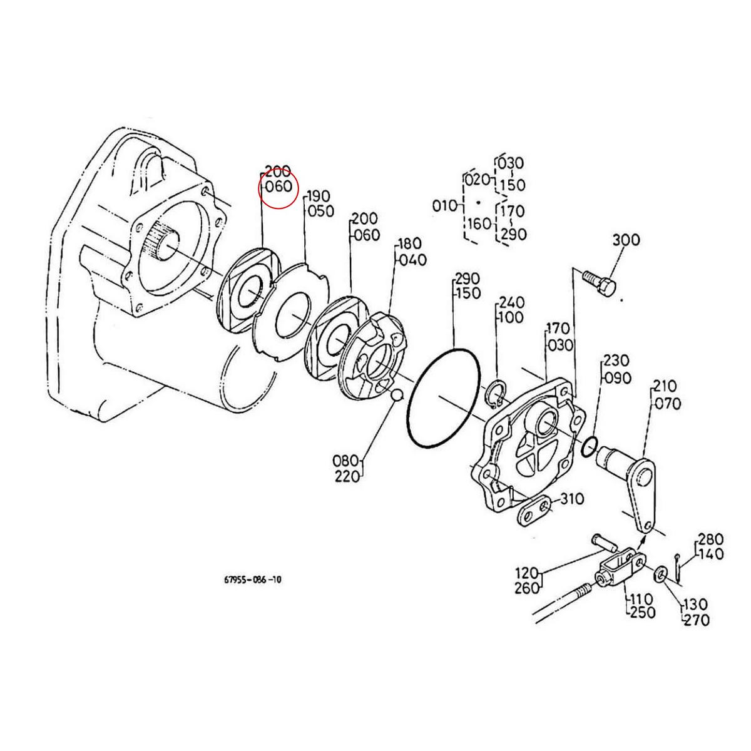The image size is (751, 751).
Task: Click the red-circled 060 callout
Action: (278, 186)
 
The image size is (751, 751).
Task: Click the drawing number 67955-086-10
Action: (252, 580)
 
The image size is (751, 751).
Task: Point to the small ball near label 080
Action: (396, 396)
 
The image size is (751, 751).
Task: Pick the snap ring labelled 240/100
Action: (496, 395)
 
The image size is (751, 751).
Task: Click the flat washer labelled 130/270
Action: (662, 574)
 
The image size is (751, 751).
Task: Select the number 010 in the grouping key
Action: (445, 205)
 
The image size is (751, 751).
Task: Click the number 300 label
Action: (626, 240)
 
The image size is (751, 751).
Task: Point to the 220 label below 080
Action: (347, 477)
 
